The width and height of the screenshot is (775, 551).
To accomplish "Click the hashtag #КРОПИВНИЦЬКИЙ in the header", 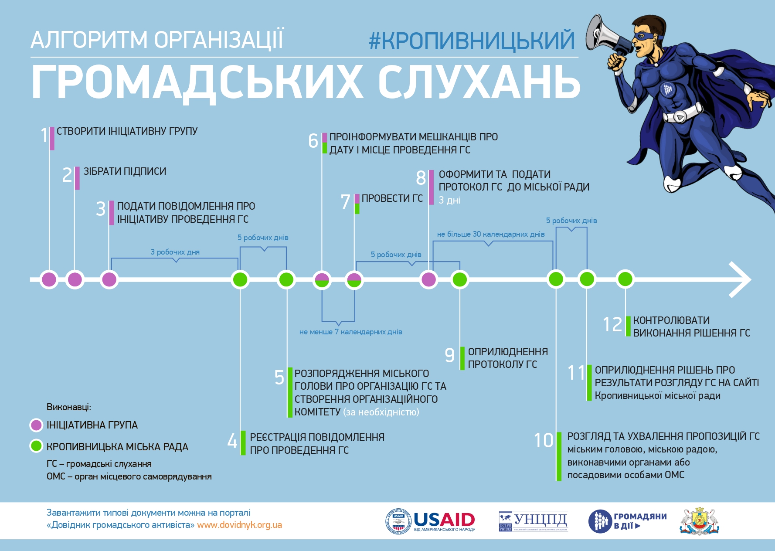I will (x=472, y=41).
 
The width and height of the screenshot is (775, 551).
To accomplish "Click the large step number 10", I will (x=544, y=440).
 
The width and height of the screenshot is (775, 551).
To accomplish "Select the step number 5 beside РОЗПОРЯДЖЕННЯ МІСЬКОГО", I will (x=279, y=378).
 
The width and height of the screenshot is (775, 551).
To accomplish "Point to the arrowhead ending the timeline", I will (x=741, y=279).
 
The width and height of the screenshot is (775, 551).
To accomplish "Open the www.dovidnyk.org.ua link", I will (x=239, y=525).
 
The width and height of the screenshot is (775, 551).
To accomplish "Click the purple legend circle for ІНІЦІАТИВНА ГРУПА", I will (x=36, y=425).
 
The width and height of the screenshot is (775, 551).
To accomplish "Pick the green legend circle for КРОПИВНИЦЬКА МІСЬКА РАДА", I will (x=36, y=446).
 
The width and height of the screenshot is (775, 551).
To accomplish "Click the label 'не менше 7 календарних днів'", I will (x=350, y=332).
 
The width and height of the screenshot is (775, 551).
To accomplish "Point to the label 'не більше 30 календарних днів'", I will (x=491, y=234).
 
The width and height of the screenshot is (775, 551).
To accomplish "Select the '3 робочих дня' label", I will (x=175, y=252).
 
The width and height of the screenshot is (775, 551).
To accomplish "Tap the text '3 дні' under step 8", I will (x=449, y=201).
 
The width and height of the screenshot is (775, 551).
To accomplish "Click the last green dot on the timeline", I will (x=625, y=279).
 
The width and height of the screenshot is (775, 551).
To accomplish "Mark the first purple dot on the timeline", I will (x=49, y=279).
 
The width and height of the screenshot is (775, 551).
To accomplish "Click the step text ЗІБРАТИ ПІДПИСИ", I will (x=125, y=171).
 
